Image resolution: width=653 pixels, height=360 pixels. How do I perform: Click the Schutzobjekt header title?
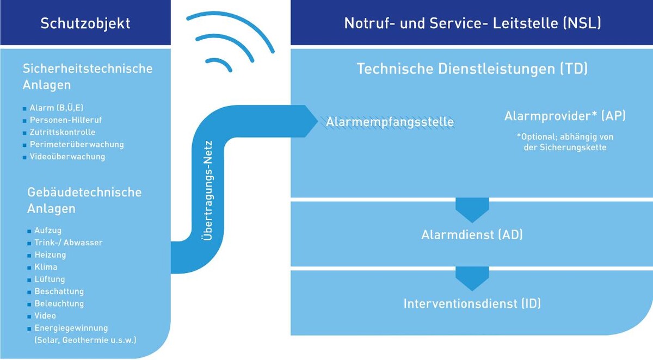tap(85, 23)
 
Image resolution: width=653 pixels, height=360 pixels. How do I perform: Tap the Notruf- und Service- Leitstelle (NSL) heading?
tap(472, 23)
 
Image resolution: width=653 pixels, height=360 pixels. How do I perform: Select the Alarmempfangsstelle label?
tap(390, 122)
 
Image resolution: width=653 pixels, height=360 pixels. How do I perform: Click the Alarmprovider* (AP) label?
tap(565, 116)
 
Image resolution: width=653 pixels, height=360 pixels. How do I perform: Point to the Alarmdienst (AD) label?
tap(472, 235)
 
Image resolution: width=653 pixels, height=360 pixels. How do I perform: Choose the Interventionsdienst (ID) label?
tap(472, 303)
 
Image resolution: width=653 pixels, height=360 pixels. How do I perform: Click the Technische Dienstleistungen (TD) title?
tap(472, 69)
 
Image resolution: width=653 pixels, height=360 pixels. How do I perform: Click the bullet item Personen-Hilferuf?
tap(66, 120)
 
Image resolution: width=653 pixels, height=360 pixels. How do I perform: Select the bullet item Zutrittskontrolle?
tap(62, 132)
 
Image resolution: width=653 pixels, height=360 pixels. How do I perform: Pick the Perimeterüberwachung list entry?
tap(76, 145)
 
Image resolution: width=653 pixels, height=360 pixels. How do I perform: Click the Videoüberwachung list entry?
tap(67, 157)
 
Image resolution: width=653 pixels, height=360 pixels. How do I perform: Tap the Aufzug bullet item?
tap(48, 231)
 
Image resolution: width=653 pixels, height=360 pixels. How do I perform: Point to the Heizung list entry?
tap(50, 255)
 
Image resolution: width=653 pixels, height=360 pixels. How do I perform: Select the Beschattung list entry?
tap(59, 291)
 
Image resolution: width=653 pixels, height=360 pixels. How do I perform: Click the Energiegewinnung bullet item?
tap(71, 328)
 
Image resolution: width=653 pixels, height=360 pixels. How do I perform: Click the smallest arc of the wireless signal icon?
tap(220, 65)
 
